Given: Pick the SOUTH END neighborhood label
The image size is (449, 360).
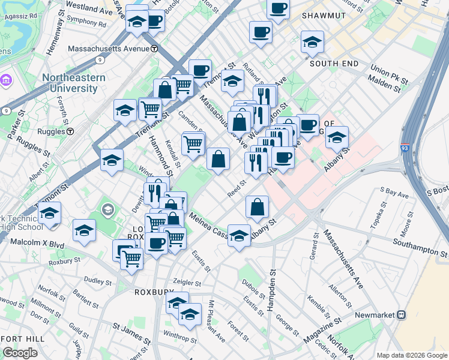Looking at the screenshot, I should click(x=334, y=64).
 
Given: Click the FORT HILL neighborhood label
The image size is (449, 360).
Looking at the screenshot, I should click(x=22, y=339).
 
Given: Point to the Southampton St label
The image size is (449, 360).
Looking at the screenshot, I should click(x=420, y=242).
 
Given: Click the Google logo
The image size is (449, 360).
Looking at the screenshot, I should click(x=20, y=353).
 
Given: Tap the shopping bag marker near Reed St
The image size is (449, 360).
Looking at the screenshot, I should click(x=257, y=207).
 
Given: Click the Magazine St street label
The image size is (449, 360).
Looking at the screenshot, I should click(x=318, y=331).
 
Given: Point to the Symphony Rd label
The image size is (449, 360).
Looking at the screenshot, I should click(x=86, y=25).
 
